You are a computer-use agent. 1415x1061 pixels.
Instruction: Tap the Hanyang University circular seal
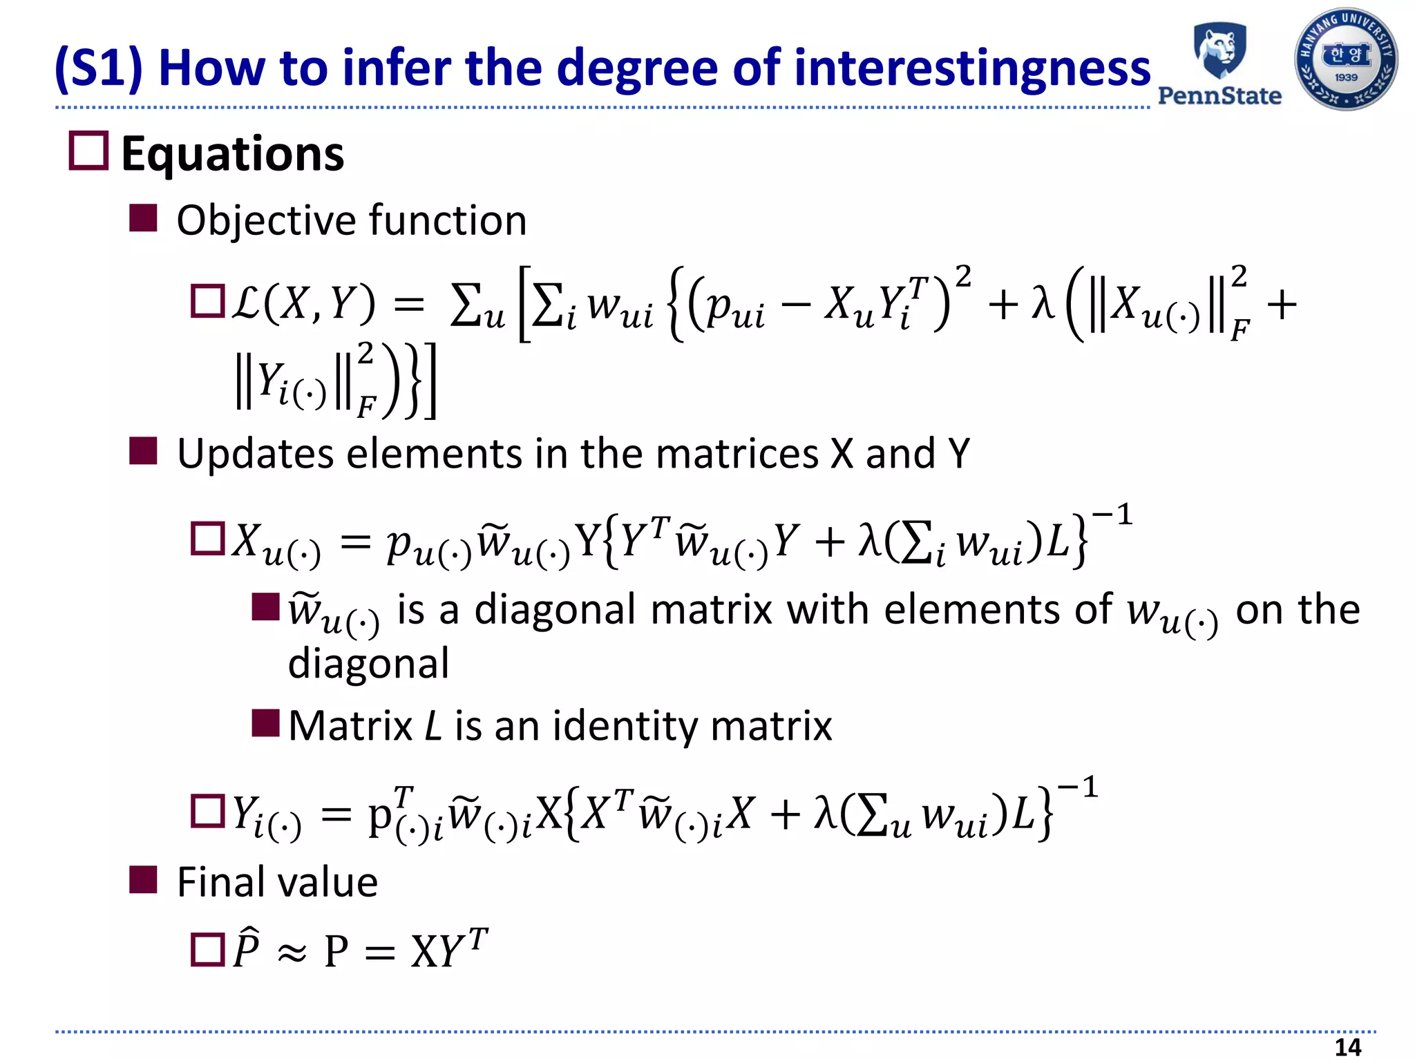click(x=1345, y=59)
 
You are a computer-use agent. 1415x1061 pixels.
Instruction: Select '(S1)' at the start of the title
click(x=99, y=68)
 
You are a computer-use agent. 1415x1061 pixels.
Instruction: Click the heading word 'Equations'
click(x=232, y=153)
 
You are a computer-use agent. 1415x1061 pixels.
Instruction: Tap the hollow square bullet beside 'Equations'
click(x=88, y=151)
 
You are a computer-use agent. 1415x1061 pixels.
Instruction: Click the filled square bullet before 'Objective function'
click(x=143, y=218)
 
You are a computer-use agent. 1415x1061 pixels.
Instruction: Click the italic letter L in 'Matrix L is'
click(x=433, y=726)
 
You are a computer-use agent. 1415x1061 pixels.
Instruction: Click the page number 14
click(x=1347, y=1047)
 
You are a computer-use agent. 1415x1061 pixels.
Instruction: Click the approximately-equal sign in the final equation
click(x=292, y=953)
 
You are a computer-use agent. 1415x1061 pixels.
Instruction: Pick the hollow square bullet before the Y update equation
click(x=207, y=811)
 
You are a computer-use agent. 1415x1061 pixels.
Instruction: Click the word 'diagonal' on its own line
click(x=368, y=664)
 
